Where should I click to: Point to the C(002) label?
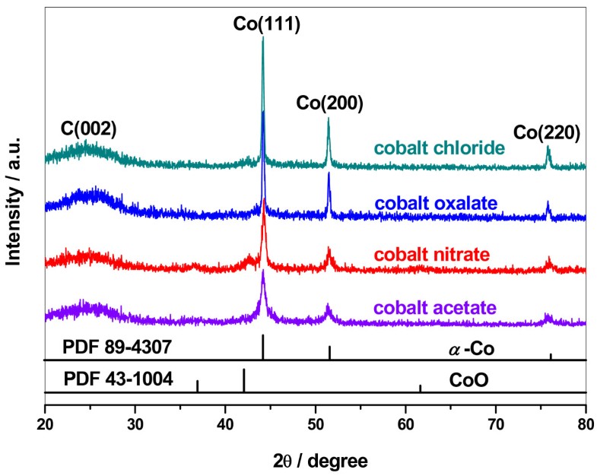[88, 129]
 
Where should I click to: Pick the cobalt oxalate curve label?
[436, 203]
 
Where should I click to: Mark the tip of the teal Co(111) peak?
[263, 38]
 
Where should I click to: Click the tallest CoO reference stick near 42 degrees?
[244, 380]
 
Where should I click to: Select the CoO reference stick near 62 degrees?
[420, 389]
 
